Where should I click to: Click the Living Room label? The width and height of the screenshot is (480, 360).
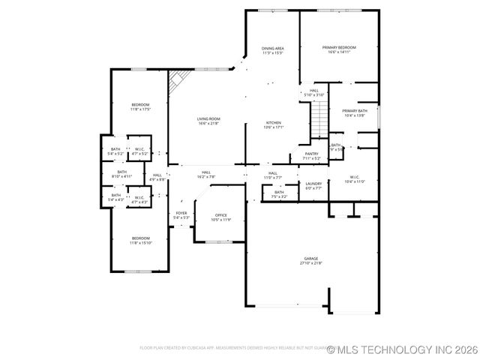[x=208, y=118]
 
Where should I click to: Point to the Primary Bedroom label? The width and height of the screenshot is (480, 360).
[x=339, y=48]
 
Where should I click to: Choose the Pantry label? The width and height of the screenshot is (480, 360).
[x=311, y=154]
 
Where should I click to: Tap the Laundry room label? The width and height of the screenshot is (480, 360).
[x=313, y=184]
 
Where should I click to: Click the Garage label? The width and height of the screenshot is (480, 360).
[x=310, y=258]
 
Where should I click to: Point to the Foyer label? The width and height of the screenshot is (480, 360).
[x=181, y=213]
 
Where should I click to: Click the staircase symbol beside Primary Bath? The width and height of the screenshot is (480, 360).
[x=320, y=117]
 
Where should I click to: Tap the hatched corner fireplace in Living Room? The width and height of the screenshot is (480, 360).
[x=178, y=81]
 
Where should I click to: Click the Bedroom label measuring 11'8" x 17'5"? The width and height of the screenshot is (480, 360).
[x=140, y=104]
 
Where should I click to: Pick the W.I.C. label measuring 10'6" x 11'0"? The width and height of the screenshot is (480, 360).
[x=354, y=178]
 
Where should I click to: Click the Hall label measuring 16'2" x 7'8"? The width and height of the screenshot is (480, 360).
[x=205, y=172]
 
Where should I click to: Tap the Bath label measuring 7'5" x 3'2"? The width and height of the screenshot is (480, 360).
[x=279, y=193]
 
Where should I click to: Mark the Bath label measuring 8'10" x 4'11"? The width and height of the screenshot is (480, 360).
[x=121, y=172]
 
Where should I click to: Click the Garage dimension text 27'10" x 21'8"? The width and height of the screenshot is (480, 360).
[x=310, y=263]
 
